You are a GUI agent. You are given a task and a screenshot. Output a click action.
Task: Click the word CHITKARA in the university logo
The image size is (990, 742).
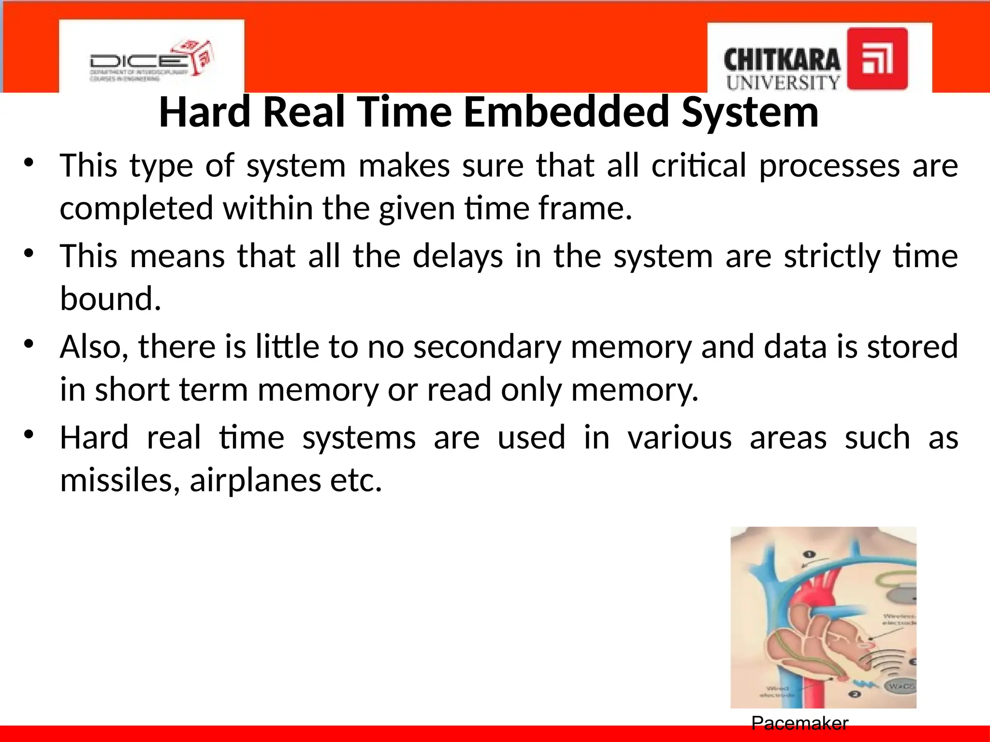click(x=782, y=61)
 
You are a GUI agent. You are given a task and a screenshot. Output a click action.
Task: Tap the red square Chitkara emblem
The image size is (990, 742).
click(x=877, y=58)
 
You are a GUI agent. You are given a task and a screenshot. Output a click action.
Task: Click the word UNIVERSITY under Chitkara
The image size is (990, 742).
click(x=783, y=83)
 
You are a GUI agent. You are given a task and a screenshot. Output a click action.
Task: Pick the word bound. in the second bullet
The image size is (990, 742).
click(x=110, y=299)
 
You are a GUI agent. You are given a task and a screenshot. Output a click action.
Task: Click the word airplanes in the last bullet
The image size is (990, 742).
click(x=255, y=480)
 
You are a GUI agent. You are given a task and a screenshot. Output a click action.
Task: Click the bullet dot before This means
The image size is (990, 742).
click(x=29, y=253)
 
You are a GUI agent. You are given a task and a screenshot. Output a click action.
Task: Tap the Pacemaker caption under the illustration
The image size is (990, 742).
click(x=800, y=723)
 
